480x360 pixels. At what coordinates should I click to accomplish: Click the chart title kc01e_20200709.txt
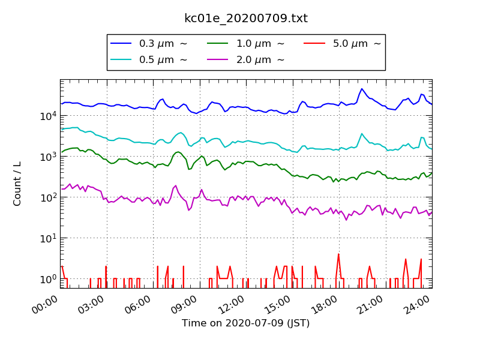(x=245, y=19)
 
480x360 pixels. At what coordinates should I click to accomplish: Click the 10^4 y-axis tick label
(x=49, y=116)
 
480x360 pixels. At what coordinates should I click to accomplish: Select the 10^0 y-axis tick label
(x=49, y=279)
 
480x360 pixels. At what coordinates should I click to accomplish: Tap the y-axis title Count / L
(x=17, y=183)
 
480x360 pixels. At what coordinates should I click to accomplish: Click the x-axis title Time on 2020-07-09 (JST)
(x=245, y=323)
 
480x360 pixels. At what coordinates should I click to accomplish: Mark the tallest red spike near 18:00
(x=338, y=254)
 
